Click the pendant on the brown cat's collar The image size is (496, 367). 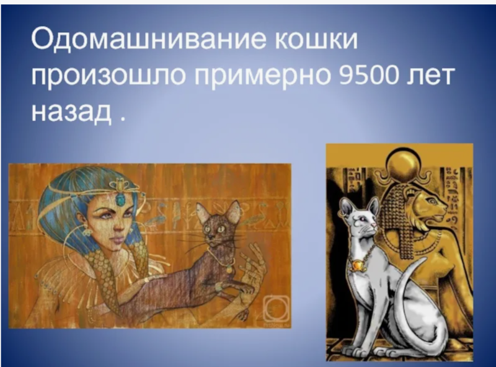tap(229, 269)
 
